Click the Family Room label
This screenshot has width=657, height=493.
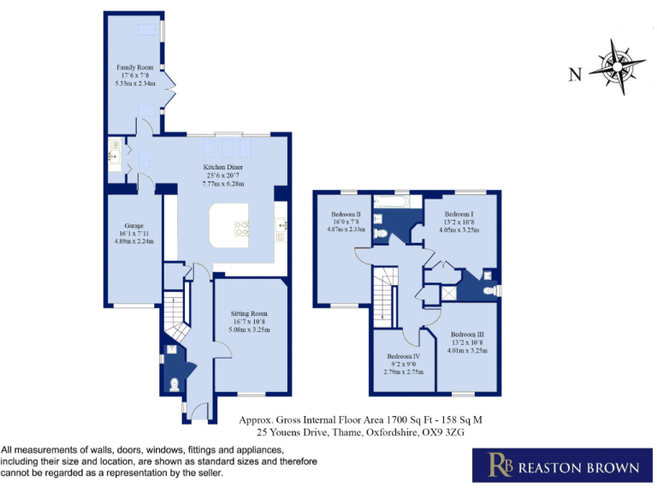click(x=134, y=67)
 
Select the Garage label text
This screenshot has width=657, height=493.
click(x=133, y=225)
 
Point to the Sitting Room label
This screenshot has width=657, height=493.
click(x=249, y=313)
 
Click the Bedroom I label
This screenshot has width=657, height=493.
click(x=459, y=214)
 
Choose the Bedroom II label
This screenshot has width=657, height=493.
click(x=346, y=214)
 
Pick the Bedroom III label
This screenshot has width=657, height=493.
click(x=468, y=334)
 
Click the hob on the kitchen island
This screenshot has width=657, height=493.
click(x=242, y=228)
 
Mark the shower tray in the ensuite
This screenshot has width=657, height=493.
click(x=445, y=289)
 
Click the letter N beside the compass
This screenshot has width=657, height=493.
click(x=577, y=74)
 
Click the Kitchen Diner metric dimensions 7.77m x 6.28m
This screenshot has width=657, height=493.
click(x=222, y=184)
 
